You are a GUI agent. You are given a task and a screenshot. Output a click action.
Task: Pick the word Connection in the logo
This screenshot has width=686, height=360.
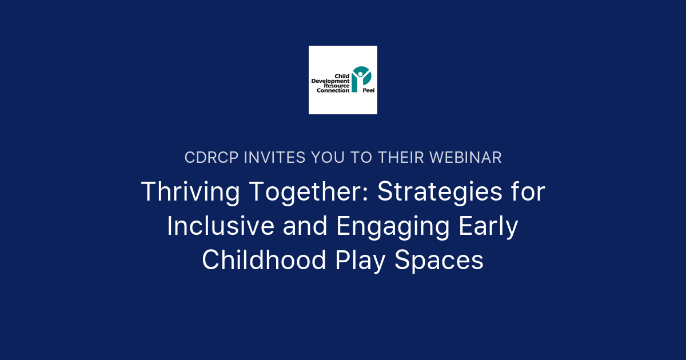click(x=333, y=91)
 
